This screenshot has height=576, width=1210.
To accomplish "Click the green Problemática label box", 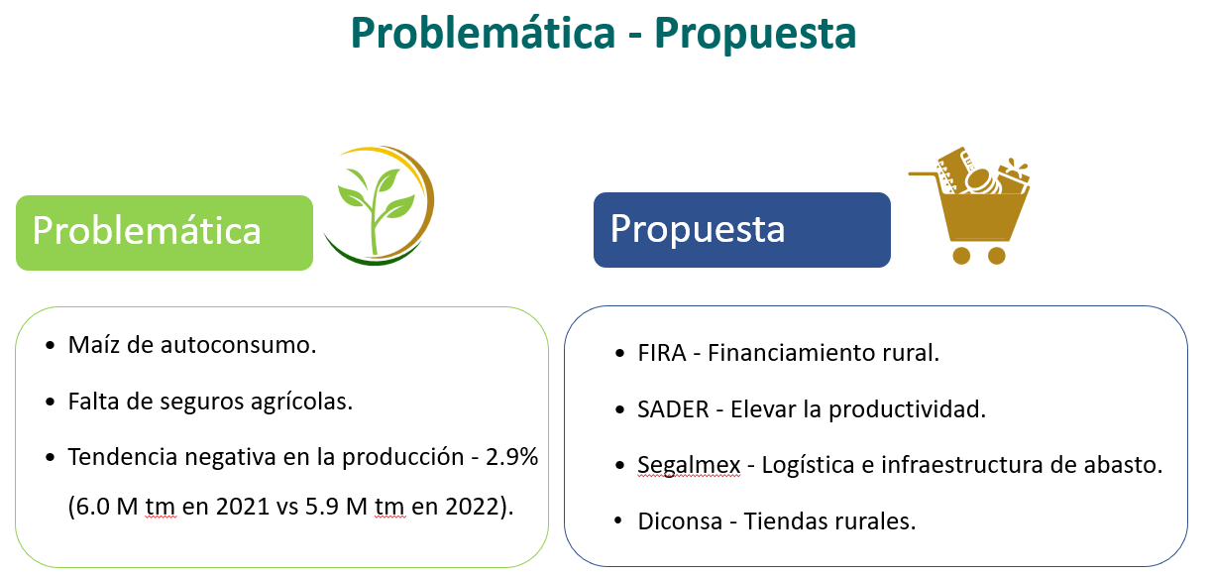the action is click(x=165, y=233).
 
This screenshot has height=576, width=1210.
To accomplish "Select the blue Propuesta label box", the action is click(x=741, y=230).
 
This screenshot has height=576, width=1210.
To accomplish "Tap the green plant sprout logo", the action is click(x=380, y=206).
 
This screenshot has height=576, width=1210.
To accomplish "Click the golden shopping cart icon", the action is click(x=970, y=205).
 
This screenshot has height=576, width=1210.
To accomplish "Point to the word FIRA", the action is click(x=662, y=353).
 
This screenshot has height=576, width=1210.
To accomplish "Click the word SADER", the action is click(x=673, y=409).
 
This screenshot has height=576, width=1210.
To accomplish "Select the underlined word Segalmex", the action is click(x=689, y=466).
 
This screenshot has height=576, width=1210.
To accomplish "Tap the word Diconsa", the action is click(x=680, y=521).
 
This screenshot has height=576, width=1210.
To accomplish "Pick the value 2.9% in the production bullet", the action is click(x=511, y=457).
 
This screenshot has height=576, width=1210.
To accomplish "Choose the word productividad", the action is click(x=907, y=410).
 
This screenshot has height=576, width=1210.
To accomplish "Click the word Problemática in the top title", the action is click(x=483, y=34).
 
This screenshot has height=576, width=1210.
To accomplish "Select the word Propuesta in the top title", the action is click(x=755, y=35).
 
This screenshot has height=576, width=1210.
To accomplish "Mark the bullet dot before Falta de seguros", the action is click(x=51, y=403).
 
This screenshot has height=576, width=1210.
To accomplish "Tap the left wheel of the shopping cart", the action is click(x=961, y=256).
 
